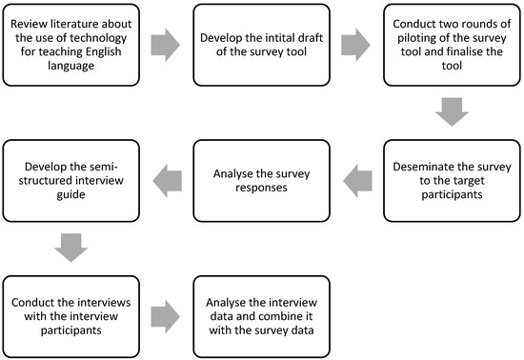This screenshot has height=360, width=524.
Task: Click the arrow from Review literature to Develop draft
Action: tap(164, 43)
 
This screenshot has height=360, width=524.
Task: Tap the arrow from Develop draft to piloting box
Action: tap(355, 43)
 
